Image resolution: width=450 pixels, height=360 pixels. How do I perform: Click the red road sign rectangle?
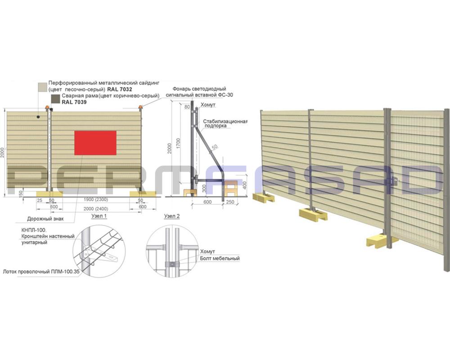point(95,143)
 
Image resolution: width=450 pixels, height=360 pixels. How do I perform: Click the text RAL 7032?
point(120,90)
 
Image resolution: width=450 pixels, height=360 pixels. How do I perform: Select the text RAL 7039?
point(74,102)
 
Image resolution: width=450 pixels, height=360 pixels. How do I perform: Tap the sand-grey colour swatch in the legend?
point(43,86)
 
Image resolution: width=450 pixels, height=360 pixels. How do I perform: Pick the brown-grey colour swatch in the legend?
point(55,99)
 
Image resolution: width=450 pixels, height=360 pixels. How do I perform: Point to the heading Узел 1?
point(99,216)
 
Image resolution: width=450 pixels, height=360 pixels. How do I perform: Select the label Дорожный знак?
point(45,219)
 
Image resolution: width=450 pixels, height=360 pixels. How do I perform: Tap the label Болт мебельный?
point(220,258)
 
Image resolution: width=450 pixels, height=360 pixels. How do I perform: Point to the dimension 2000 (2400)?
point(96,209)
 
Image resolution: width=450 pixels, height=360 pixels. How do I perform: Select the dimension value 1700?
point(178,143)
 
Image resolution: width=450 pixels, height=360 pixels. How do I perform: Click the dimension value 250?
point(230,202)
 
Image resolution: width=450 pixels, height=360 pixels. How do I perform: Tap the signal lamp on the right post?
point(140,108)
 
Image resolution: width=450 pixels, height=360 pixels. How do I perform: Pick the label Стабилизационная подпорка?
point(225,123)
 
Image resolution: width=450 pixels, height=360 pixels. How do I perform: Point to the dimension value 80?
point(187,107)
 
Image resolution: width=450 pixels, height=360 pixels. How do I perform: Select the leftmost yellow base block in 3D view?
point(263,198)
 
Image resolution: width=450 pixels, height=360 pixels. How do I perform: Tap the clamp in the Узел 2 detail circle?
point(171,264)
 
